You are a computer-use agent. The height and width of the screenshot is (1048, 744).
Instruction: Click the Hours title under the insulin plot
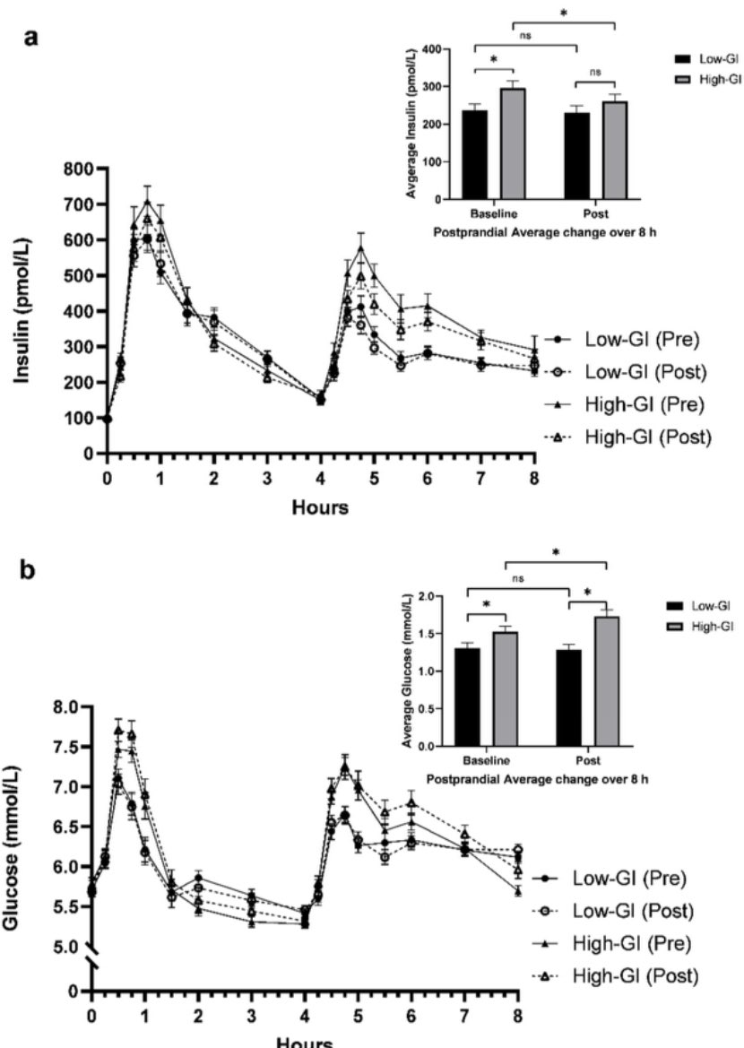pos(320,507)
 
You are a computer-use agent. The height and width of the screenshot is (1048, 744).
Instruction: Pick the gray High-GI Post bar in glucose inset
pos(607,680)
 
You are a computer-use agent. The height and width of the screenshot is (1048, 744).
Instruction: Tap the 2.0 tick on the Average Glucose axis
pos(437,596)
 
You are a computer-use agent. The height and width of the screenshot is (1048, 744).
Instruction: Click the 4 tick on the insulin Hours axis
pos(320,477)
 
